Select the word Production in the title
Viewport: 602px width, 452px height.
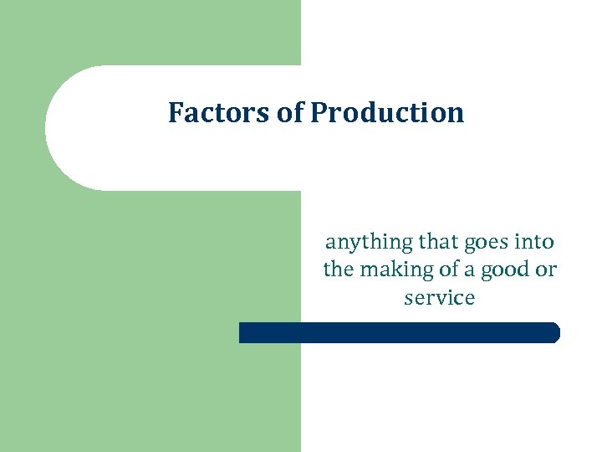click(387, 113)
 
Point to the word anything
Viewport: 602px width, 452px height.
click(369, 243)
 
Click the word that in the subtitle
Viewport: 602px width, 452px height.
click(437, 242)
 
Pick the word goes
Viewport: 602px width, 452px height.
click(485, 244)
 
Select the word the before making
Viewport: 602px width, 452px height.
click(338, 270)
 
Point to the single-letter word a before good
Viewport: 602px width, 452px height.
click(472, 270)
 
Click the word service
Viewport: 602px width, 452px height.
click(439, 297)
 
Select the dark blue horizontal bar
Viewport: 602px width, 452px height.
click(399, 332)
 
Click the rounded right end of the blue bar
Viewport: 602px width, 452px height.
click(554, 332)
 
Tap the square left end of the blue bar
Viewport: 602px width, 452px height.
click(242, 332)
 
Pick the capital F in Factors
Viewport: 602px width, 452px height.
click(175, 112)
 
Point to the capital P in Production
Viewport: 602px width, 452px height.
click(319, 112)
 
